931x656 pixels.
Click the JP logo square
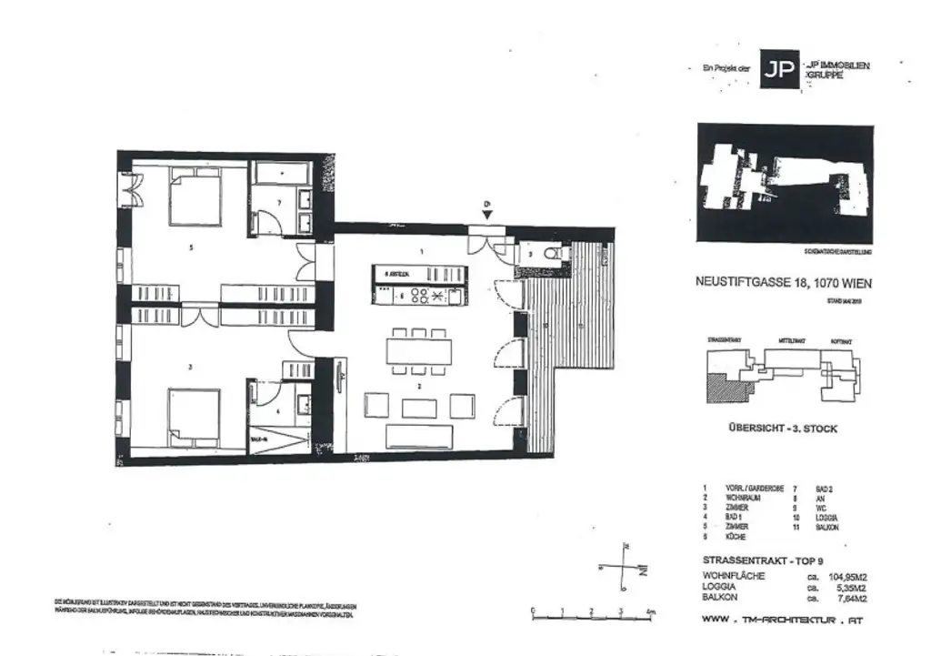click(779, 70)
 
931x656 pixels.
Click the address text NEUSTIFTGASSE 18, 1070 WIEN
click(781, 283)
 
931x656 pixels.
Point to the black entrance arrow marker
click(487, 214)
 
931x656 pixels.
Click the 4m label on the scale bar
click(649, 611)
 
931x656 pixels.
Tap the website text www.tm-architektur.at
click(781, 621)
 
